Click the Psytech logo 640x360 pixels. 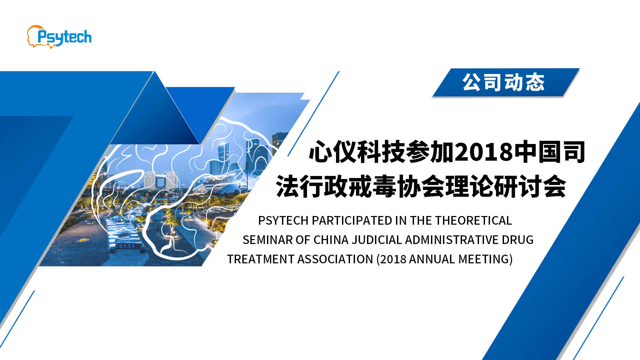click(59, 37)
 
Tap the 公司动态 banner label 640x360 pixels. click(503, 82)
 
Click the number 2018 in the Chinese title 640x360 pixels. click(483, 152)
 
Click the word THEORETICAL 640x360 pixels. click(473, 221)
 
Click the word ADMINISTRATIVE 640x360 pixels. click(452, 240)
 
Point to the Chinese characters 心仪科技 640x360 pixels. click(357, 152)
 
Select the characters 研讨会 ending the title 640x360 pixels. click(530, 187)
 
